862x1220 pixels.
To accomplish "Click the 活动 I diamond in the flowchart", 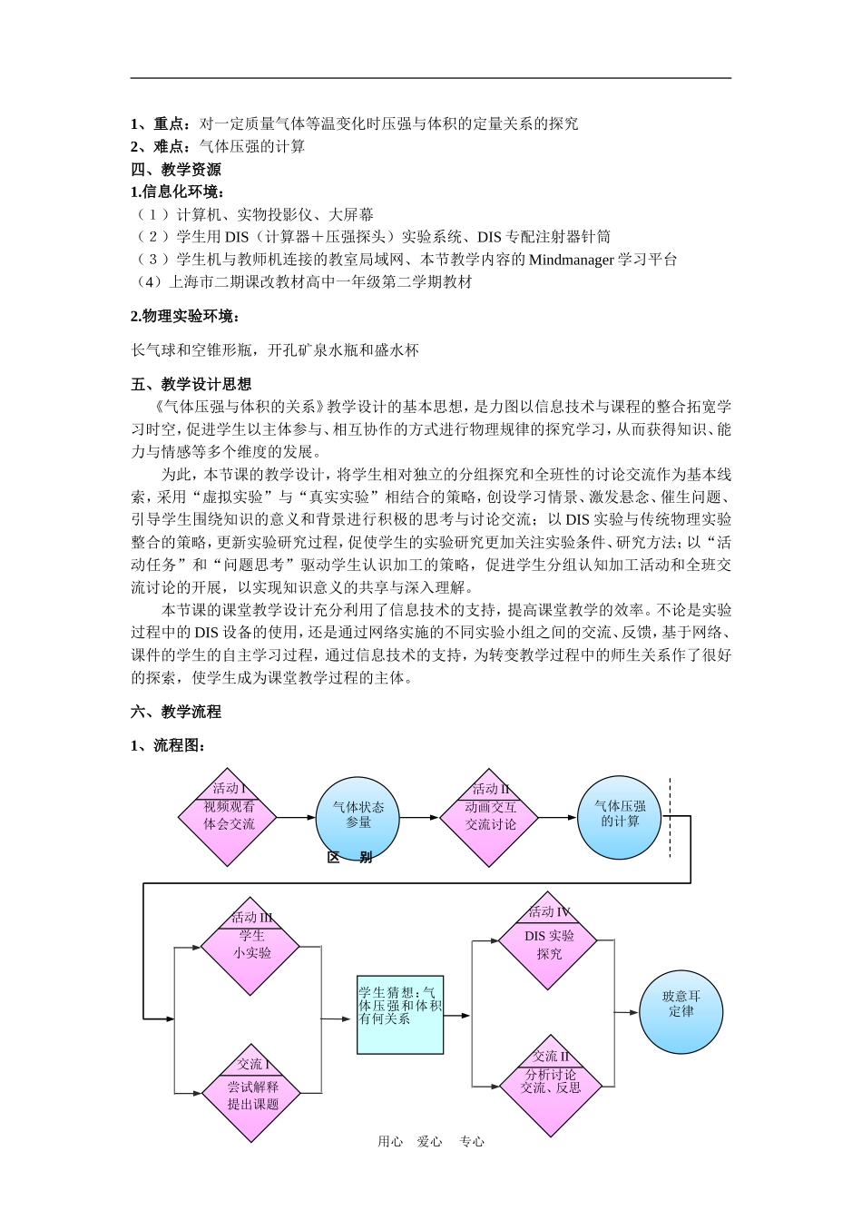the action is [x=227, y=816].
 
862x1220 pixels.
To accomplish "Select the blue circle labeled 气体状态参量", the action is [x=358, y=816].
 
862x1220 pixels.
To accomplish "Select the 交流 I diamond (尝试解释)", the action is [x=251, y=1093].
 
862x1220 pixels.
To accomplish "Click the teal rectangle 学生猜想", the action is [x=400, y=1013].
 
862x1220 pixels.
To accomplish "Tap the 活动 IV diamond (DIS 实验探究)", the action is [x=548, y=944].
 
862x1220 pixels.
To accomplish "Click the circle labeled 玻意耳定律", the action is [x=681, y=1011].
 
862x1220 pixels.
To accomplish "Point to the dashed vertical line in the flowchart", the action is [x=671, y=817].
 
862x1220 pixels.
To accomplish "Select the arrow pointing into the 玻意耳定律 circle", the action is [x=626, y=1011].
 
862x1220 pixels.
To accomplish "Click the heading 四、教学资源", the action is [x=176, y=170].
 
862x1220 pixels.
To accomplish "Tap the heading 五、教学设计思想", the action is [x=191, y=384].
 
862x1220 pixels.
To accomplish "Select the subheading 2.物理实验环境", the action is [x=186, y=316].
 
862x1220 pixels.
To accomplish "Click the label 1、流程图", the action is [x=169, y=745].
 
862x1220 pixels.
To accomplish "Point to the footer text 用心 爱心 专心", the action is [x=431, y=1142].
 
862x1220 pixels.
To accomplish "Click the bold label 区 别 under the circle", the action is [x=349, y=858].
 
